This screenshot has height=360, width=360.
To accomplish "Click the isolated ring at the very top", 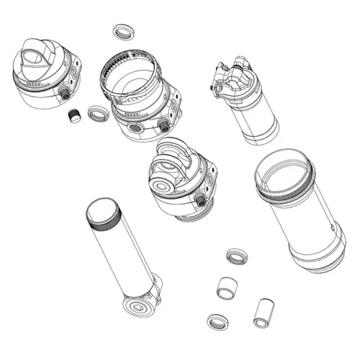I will (124, 32).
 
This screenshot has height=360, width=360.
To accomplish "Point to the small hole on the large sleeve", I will (332, 226).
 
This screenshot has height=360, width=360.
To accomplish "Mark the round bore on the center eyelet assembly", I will (164, 171).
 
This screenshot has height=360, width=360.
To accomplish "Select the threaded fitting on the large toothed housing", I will (164, 126).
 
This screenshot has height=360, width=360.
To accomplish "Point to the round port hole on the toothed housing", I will (134, 128).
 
